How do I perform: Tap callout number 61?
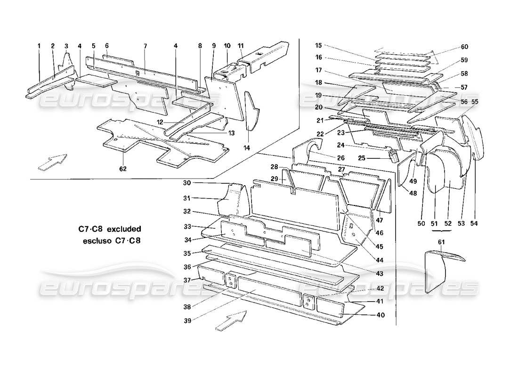[x=441, y=242]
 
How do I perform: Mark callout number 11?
[x=241, y=46]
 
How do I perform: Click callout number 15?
[x=319, y=46]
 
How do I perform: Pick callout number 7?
[x=146, y=46]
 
